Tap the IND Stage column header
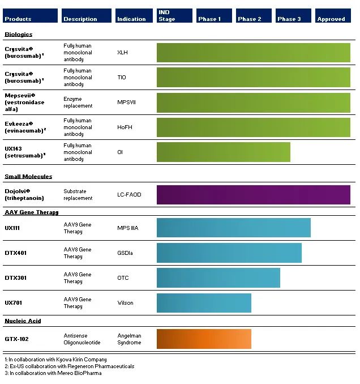pos(174,16)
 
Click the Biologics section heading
pos(19,35)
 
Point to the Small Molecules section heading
pos(28,177)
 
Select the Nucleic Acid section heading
pos(23,321)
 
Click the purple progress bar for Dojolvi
pos(253,194)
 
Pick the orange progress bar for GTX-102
pos(204,339)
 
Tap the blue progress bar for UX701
pos(204,303)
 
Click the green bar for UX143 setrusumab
pos(223,152)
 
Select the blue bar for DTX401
pos(229,253)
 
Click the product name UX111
pos(12,228)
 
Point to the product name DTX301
pos(16,278)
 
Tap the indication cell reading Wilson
pos(125,303)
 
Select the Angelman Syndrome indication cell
pos(129,339)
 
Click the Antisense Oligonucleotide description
pos(82,339)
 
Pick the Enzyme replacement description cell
pos(78,103)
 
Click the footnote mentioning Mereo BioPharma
pos(53,373)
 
